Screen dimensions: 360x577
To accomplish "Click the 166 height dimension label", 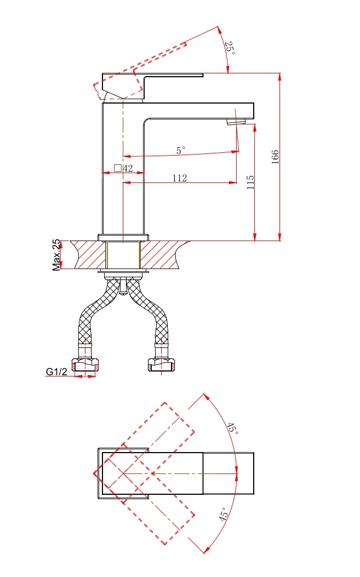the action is click(275, 157).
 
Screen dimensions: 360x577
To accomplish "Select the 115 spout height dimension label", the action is click(250, 182).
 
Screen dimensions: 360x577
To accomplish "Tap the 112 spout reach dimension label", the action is click(180, 178).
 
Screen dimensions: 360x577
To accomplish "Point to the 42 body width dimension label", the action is click(128, 168).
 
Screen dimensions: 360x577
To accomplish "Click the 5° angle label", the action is click(180, 150).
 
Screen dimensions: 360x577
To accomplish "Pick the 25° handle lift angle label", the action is click(230, 48).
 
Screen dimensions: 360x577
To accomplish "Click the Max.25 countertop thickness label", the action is click(56, 255).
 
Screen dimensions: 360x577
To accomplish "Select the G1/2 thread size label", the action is click(56, 372).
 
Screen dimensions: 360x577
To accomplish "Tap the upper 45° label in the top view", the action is click(232, 428).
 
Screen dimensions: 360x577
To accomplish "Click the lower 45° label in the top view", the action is click(224, 514).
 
